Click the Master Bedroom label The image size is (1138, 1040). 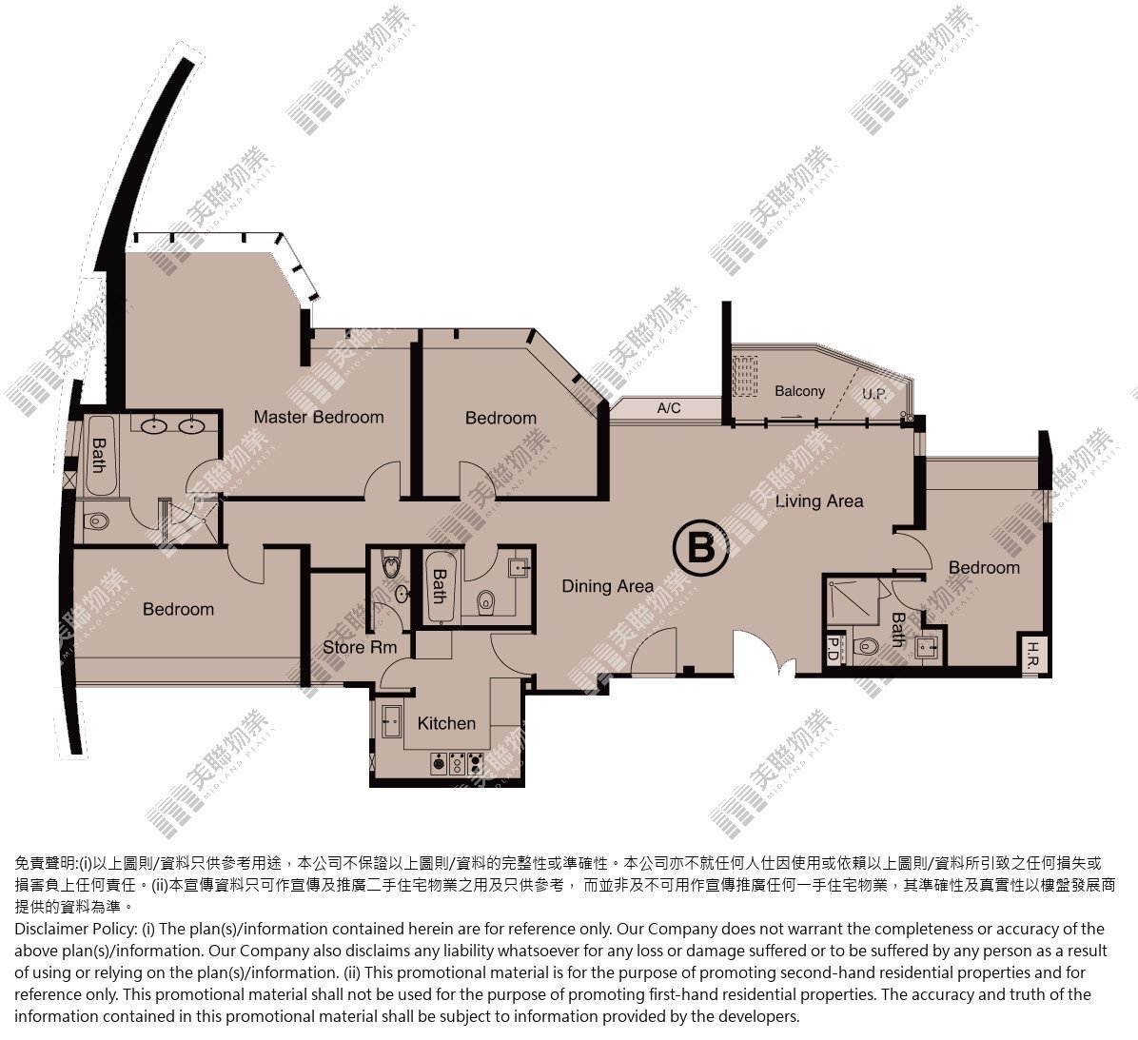(319, 418)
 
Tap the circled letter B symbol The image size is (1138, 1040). (701, 549)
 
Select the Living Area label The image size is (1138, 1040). (819, 500)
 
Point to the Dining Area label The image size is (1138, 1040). (607, 586)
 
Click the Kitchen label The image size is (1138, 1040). (446, 723)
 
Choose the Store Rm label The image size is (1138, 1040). (360, 647)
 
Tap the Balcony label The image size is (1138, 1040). (800, 391)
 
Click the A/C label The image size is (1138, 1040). (668, 408)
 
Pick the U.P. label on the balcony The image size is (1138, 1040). (874, 394)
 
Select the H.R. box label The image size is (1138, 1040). (1034, 656)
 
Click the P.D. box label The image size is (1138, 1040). (833, 650)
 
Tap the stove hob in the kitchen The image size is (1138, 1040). (458, 763)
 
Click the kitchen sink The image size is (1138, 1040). (391, 720)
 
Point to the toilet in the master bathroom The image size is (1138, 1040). (96, 521)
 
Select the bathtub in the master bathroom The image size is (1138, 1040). (99, 455)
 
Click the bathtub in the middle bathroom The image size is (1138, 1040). (441, 586)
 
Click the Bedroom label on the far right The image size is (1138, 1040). (984, 567)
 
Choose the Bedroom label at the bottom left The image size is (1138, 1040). (179, 609)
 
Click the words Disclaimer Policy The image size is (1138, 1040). (75, 929)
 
